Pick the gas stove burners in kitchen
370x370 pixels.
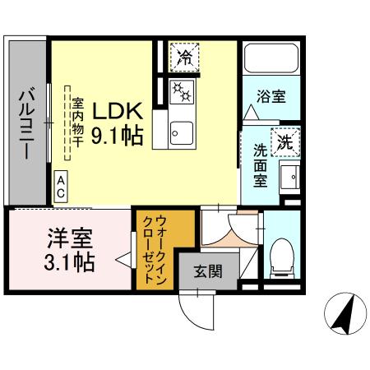(x=180, y=93)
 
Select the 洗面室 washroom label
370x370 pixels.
(x=260, y=165)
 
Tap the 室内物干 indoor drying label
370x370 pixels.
(x=78, y=123)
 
